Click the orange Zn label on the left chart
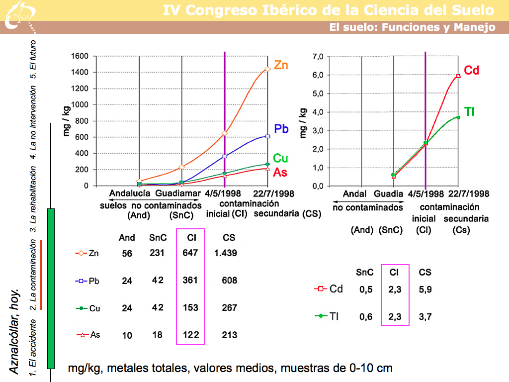pos(281,65)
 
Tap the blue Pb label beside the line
pos(281,129)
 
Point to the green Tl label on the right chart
pos(469,112)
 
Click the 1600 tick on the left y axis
pos(80,56)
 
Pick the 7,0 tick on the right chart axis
pos(317,57)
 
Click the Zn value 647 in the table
pos(190,253)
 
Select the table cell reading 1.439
pos(225,253)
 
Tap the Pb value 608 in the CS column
pos(229,281)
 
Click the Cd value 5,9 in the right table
pos(425,290)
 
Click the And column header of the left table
pos(127,238)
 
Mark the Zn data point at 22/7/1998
pos(268,69)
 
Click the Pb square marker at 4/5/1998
pos(225,156)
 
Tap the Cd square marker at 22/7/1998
pos(458,76)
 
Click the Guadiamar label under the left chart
pos(177,193)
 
